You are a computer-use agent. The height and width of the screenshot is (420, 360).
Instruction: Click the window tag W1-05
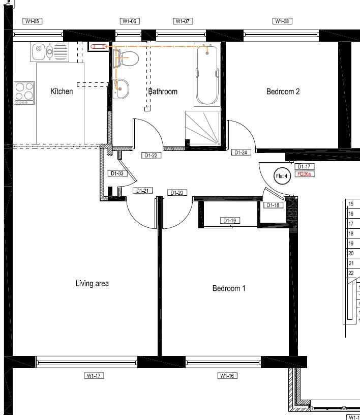click(x=33, y=21)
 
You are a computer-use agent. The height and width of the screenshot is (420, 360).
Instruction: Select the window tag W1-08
click(x=282, y=21)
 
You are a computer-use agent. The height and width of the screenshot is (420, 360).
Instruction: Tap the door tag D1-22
click(x=152, y=155)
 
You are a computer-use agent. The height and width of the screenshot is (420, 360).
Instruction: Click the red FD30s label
click(x=304, y=174)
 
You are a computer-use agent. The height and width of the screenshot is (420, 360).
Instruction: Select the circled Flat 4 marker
click(x=282, y=176)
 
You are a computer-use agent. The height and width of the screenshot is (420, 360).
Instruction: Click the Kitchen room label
click(x=62, y=92)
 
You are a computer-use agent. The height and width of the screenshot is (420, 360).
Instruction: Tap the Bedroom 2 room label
click(x=283, y=92)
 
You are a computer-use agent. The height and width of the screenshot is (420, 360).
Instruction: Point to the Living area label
click(x=92, y=283)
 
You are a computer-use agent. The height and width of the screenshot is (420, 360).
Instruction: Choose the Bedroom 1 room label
click(x=229, y=288)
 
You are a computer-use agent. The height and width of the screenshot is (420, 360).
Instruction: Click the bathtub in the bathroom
click(x=207, y=75)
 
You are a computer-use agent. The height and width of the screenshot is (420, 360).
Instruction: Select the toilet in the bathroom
click(x=127, y=58)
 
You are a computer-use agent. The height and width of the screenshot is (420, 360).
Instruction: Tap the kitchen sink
click(x=50, y=51)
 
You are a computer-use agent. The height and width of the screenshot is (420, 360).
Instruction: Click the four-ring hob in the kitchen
click(x=24, y=93)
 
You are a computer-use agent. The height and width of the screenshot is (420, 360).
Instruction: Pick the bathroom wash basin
click(x=121, y=89)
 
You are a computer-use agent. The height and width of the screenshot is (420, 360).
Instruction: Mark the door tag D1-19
click(x=230, y=221)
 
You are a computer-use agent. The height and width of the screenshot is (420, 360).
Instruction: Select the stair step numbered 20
click(x=351, y=253)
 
